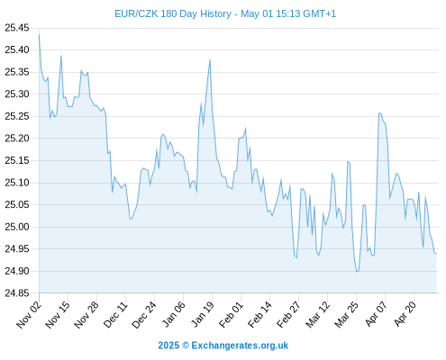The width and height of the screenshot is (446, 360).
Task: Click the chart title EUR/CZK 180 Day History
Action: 173,13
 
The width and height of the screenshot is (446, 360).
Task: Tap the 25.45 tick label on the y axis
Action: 17,28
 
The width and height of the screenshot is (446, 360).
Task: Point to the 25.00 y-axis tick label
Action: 17,227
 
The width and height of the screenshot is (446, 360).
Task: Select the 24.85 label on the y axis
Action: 17,293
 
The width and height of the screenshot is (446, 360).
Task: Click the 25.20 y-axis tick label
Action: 17,139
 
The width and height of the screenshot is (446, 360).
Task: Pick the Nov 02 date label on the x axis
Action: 29,315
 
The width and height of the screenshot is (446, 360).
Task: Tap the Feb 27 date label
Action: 288,315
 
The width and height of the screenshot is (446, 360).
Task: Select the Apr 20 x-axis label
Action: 405,314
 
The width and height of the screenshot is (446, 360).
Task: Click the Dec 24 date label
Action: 144,315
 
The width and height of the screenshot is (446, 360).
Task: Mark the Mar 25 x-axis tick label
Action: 346,315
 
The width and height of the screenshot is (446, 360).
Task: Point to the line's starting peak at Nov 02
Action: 39,35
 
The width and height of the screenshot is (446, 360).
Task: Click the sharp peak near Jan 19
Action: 210,59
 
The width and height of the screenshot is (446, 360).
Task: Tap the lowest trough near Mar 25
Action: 357,272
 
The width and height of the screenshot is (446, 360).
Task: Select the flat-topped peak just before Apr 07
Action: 380,113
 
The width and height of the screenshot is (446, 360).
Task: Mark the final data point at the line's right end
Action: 436,254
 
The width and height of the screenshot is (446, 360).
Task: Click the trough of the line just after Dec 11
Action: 131,219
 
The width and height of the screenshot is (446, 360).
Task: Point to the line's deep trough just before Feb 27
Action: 296,257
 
